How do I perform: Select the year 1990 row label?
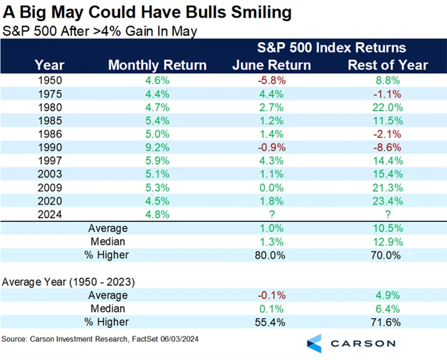(51, 147)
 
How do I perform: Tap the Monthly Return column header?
(157, 65)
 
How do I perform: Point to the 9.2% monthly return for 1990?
(157, 147)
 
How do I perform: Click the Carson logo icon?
(314, 343)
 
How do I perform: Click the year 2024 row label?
(51, 214)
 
